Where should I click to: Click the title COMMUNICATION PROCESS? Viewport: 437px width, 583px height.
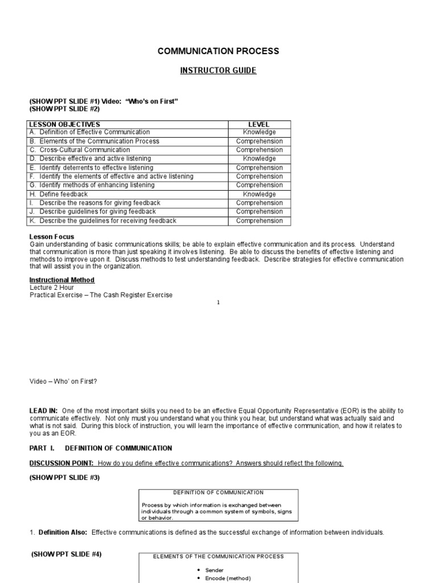pyautogui.click(x=218, y=51)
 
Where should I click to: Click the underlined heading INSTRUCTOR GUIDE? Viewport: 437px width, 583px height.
pyautogui.click(x=218, y=71)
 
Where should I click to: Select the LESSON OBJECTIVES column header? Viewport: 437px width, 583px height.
pyautogui.click(x=65, y=124)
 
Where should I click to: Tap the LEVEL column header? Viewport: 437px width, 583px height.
pyautogui.click(x=259, y=124)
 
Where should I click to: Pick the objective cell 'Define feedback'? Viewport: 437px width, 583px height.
pyautogui.click(x=63, y=194)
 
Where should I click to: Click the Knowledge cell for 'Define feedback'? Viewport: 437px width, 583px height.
pyautogui.click(x=259, y=194)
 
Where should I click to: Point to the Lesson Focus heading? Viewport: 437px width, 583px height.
pyautogui.click(x=52, y=237)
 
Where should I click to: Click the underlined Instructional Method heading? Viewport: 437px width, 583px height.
pyautogui.click(x=62, y=280)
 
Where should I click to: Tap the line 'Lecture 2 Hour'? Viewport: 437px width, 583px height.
pyautogui.click(x=52, y=288)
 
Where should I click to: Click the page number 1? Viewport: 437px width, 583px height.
pyautogui.click(x=218, y=302)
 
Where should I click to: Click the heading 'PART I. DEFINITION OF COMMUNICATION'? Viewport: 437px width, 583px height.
pyautogui.click(x=101, y=448)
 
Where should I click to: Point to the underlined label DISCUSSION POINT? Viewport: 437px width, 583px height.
pyautogui.click(x=62, y=463)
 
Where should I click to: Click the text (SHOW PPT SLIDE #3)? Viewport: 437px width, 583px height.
pyautogui.click(x=64, y=478)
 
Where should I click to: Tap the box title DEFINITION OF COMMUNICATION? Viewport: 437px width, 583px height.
pyautogui.click(x=218, y=492)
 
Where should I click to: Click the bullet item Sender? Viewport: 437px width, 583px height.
pyautogui.click(x=215, y=570)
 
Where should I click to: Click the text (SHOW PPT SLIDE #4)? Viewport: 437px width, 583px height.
pyautogui.click(x=67, y=554)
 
